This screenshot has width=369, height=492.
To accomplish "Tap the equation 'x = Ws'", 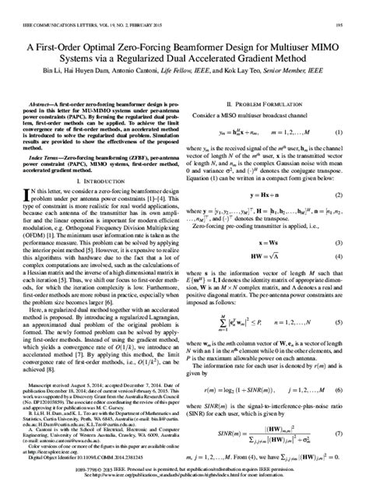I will point(267,243).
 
